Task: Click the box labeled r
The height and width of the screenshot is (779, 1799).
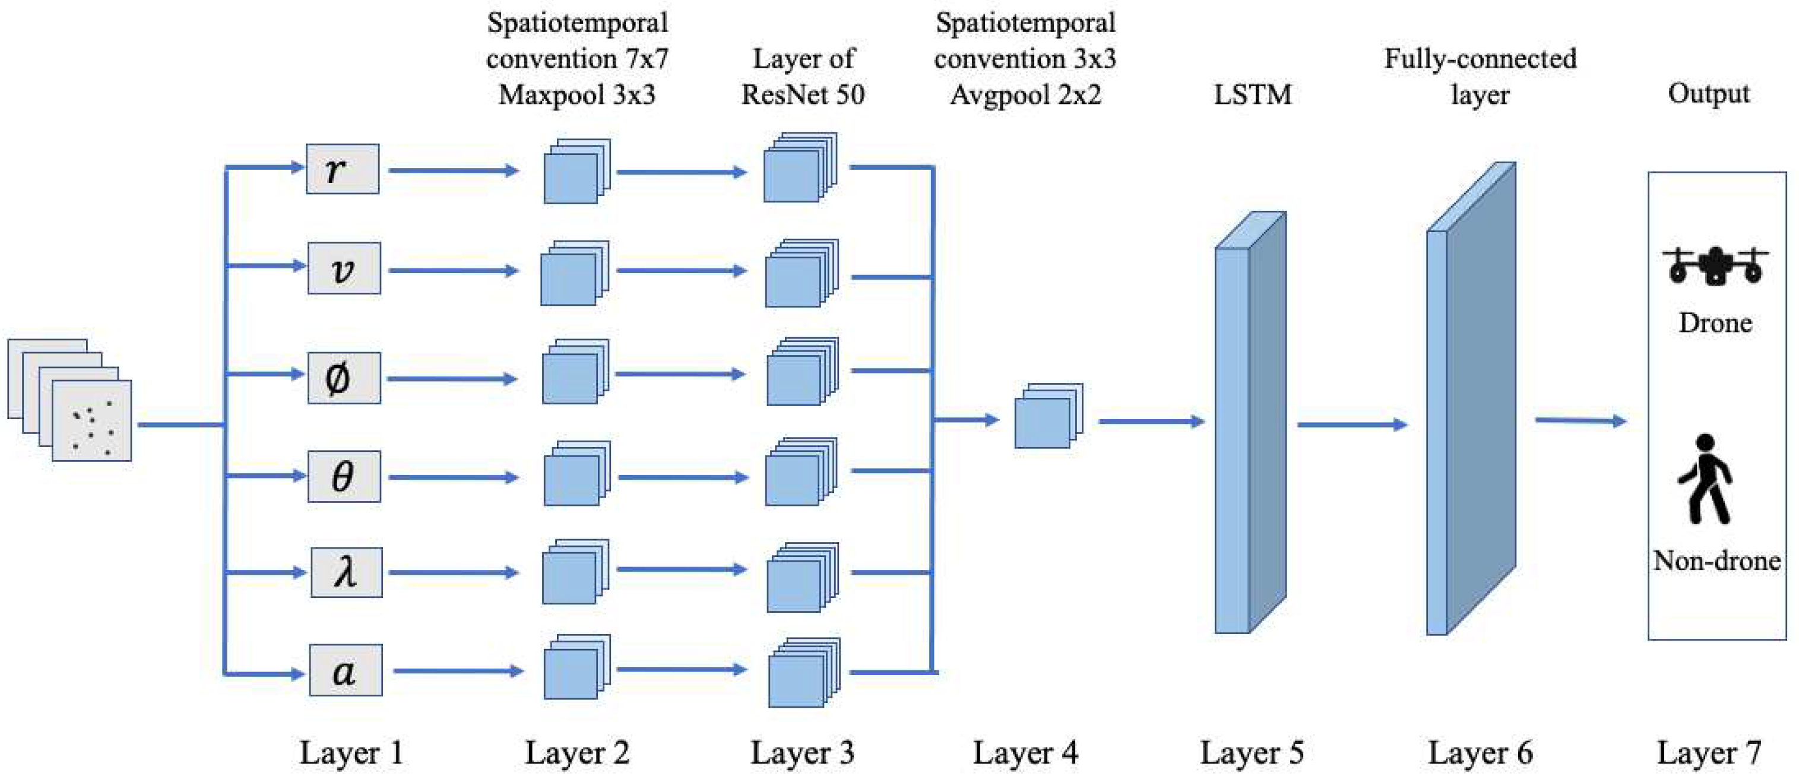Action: [342, 169]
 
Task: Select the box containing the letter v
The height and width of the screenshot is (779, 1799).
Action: [344, 268]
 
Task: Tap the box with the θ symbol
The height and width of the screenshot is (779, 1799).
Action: [344, 476]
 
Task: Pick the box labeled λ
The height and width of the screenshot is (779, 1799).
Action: [346, 572]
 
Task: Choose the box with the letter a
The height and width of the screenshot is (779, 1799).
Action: [346, 670]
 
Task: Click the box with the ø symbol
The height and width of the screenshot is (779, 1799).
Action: [344, 378]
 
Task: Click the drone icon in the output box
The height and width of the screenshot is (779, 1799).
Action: [1715, 265]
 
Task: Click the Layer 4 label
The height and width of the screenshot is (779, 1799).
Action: [1025, 753]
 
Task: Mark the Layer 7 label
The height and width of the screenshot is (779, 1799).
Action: [1708, 753]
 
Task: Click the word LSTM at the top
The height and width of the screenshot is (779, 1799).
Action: [1252, 94]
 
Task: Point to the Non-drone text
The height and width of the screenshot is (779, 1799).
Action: [1716, 561]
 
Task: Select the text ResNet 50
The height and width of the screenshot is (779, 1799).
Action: [803, 94]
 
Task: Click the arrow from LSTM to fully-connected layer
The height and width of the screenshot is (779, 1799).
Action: [1351, 424]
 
